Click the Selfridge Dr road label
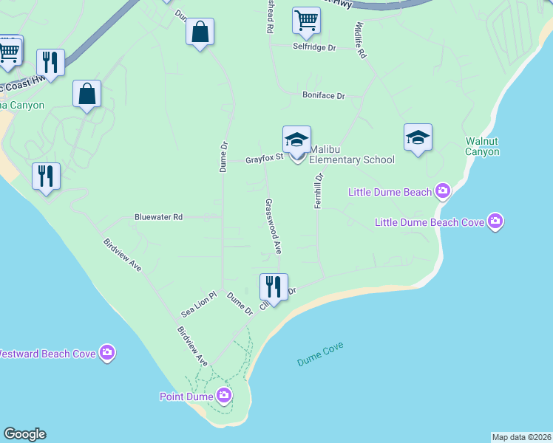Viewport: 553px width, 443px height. pyautogui.click(x=316, y=47)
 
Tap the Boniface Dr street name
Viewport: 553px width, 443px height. pyautogui.click(x=323, y=96)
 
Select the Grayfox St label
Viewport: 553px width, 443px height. pyautogui.click(x=265, y=159)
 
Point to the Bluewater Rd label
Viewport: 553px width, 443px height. pyautogui.click(x=158, y=217)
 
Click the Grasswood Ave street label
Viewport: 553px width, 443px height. pyautogui.click(x=273, y=226)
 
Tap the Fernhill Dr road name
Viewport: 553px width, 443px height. pyautogui.click(x=319, y=191)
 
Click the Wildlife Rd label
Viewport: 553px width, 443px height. pyautogui.click(x=360, y=40)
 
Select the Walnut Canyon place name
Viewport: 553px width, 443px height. pyautogui.click(x=483, y=146)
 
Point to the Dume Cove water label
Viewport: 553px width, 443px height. pyautogui.click(x=320, y=354)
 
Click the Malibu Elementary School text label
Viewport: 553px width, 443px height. pyautogui.click(x=351, y=154)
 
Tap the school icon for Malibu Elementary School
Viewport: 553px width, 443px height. pyautogui.click(x=296, y=139)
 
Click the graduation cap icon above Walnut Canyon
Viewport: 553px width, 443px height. pyautogui.click(x=418, y=137)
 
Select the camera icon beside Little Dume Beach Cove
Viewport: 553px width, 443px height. pyautogui.click(x=495, y=221)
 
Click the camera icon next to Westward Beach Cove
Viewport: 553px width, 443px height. pyautogui.click(x=107, y=354)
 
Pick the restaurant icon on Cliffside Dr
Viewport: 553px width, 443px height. pyautogui.click(x=274, y=286)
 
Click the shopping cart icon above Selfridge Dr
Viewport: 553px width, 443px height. pyautogui.click(x=305, y=20)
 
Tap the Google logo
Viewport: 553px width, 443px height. pyautogui.click(x=24, y=434)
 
